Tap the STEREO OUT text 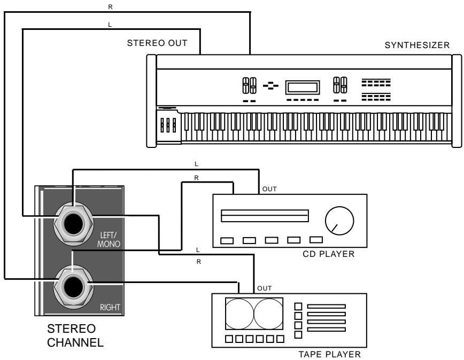(157, 43)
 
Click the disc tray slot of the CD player (265, 215)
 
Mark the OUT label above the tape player (264, 288)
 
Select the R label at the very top (110, 6)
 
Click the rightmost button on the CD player (316, 240)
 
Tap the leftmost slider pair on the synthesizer (249, 85)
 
